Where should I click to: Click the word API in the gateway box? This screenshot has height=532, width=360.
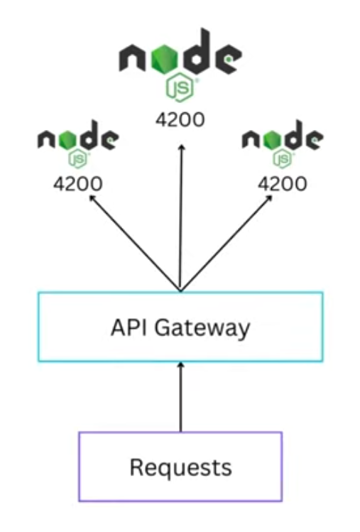tap(127, 327)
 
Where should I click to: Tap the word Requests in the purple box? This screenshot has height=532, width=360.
tap(180, 467)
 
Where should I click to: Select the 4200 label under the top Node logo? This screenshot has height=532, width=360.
tap(180, 119)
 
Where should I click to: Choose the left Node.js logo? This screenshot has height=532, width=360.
tap(77, 146)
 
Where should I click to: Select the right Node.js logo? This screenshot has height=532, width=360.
tap(283, 146)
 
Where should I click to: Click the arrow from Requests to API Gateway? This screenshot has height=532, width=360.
tap(180, 398)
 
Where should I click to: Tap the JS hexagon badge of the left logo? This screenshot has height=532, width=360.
tap(77, 159)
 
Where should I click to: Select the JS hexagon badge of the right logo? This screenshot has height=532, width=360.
tap(283, 159)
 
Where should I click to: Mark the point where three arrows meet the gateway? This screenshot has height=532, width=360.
tap(180, 291)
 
